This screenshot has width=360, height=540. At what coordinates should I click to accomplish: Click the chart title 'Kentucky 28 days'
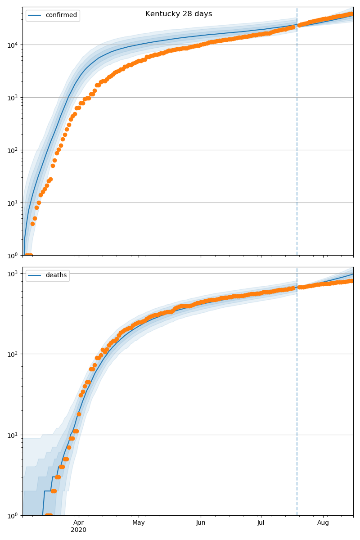[x=179, y=14]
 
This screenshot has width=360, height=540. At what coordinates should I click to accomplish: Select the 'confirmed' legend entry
[x=61, y=15]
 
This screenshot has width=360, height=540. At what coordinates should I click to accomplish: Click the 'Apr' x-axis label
[x=79, y=522]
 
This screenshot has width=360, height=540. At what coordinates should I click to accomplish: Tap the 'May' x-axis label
[x=139, y=522]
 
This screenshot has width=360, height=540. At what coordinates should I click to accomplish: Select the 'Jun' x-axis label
[x=201, y=522]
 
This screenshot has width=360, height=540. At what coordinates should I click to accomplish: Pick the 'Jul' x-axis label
[x=261, y=522]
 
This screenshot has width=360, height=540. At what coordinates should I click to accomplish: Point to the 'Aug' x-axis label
[x=323, y=522]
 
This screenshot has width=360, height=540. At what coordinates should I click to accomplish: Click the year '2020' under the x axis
[x=79, y=530]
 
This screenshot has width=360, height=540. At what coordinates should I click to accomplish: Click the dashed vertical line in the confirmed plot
[x=297, y=135]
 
